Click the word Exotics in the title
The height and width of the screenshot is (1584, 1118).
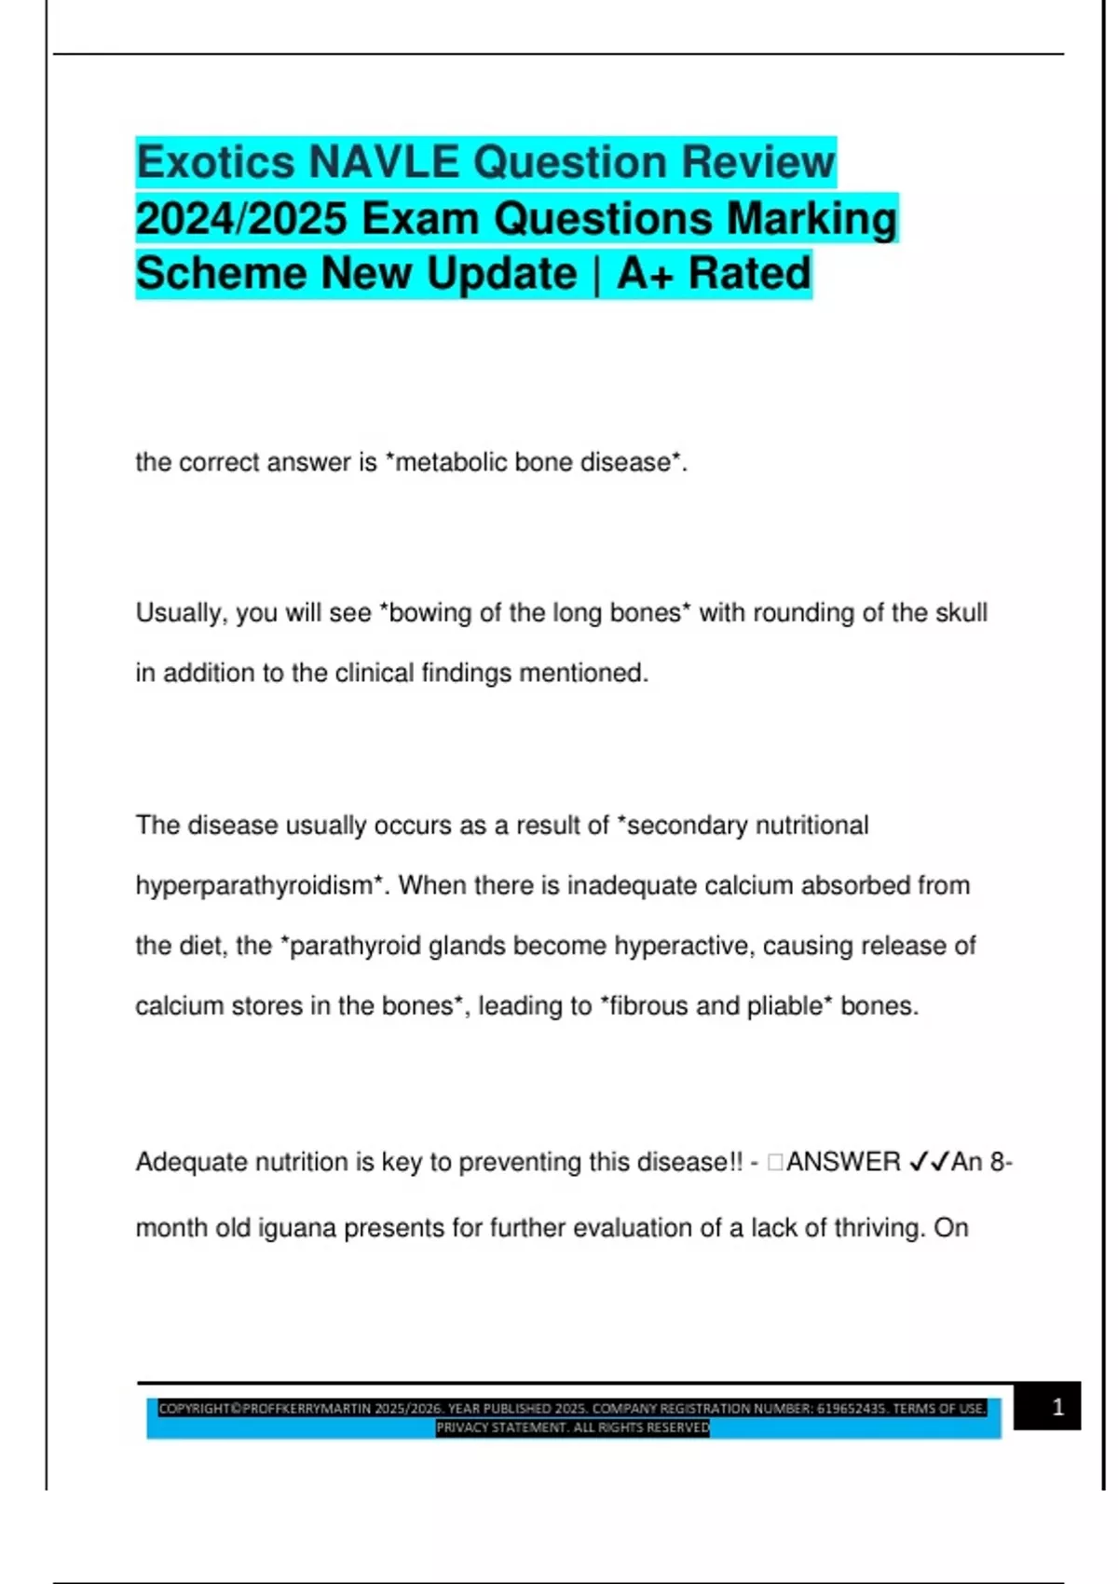click(x=215, y=162)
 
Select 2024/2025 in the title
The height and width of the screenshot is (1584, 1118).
click(x=241, y=219)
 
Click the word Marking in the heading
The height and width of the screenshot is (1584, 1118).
click(x=811, y=219)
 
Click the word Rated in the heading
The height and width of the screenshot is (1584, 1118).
click(x=750, y=274)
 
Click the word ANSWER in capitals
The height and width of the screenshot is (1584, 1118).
click(x=843, y=1162)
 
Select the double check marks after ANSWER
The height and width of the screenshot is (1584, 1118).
click(x=929, y=1162)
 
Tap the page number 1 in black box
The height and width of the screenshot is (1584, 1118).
click(x=1057, y=1407)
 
